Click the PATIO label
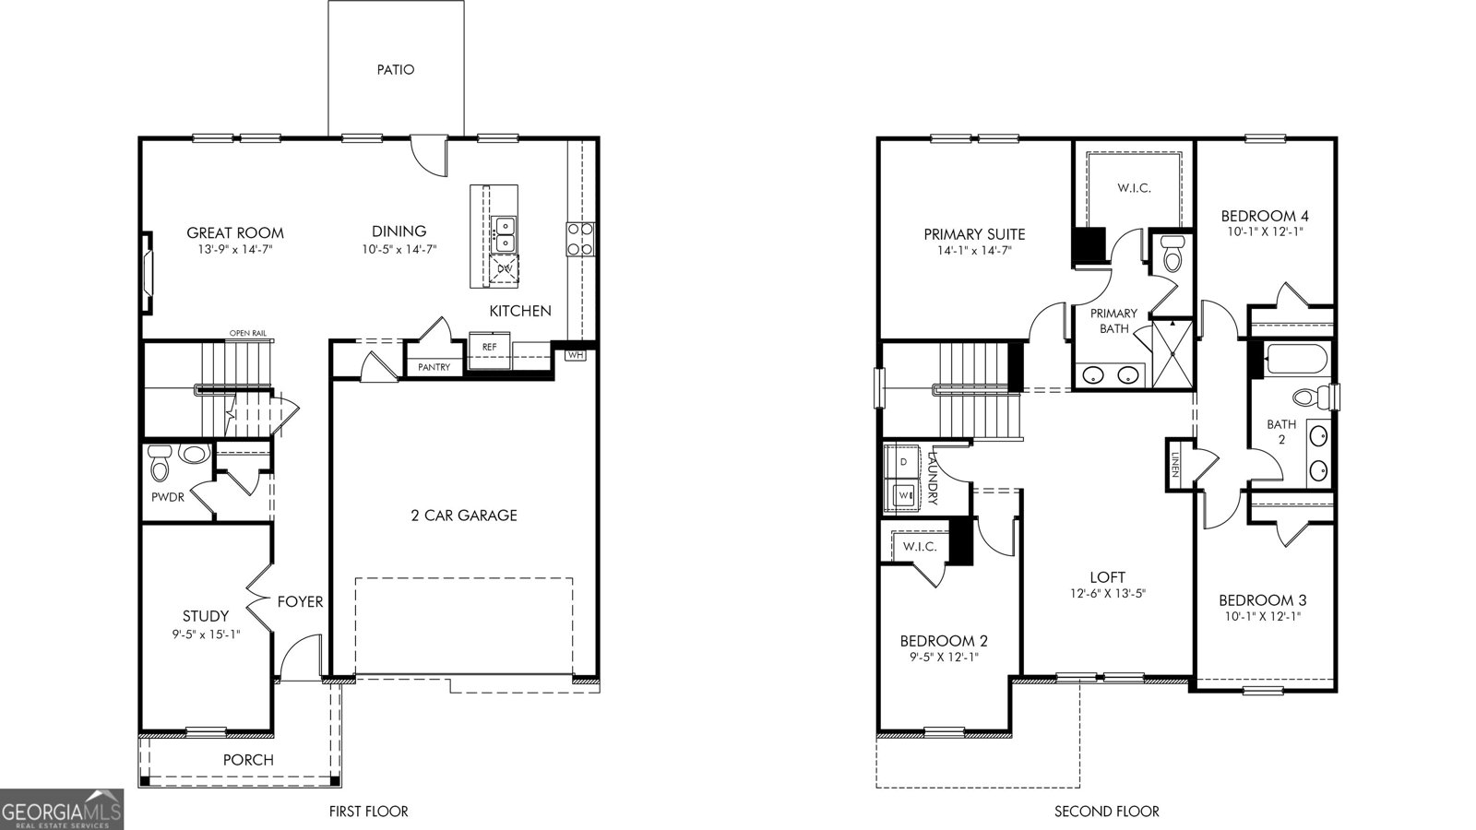396,70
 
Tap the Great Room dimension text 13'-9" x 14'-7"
235,250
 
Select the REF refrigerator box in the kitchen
490,350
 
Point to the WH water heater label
576,355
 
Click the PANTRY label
434,367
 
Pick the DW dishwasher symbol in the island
505,268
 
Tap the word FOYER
300,601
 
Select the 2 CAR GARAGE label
464,516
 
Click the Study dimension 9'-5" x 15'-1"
206,634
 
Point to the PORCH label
248,760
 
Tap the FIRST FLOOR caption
368,812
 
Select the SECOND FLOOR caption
1106,812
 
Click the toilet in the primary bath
1172,254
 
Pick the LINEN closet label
1175,465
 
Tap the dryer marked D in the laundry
903,462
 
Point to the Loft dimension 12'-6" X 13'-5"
1108,594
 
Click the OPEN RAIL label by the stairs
248,333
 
